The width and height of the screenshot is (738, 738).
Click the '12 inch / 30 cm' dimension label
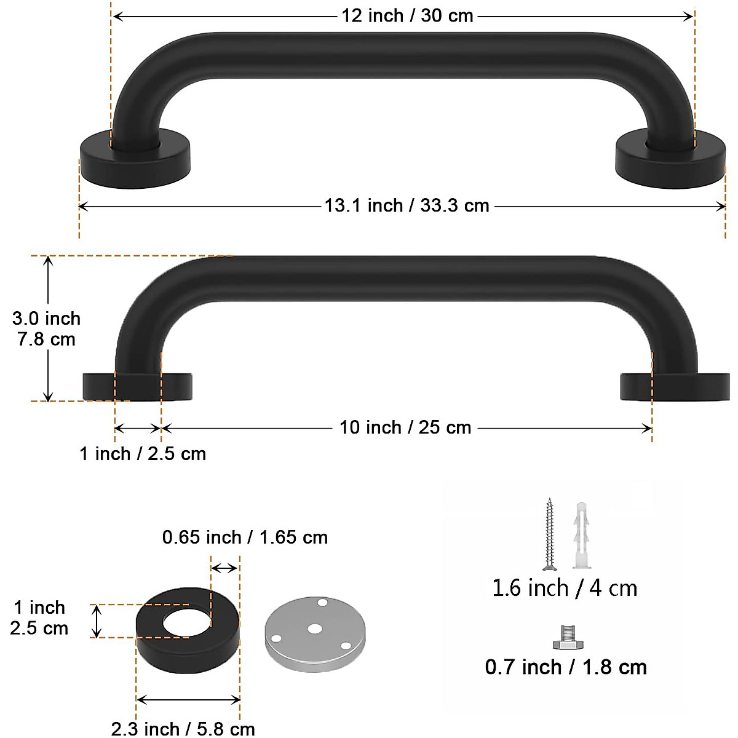pos(407,16)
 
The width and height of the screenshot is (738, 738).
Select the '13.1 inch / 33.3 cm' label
pos(407,205)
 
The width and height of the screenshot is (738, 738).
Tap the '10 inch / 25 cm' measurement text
pos(405,427)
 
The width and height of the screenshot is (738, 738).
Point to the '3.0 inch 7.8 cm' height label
pos(46,329)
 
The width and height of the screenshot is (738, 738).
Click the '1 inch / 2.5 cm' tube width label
pos(143,454)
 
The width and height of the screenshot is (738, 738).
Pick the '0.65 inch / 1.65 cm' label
pos(245,538)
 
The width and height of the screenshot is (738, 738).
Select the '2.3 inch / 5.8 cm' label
pos(183,729)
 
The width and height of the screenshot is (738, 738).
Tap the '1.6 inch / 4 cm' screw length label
pos(565,588)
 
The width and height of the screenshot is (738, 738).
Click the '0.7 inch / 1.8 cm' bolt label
pos(566,667)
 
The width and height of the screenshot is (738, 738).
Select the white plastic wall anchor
pos(582,535)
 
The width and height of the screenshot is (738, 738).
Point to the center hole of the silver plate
pos(315,629)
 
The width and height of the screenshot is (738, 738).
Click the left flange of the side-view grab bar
pos(98,386)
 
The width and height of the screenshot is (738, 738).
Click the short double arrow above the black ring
pos(224,568)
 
